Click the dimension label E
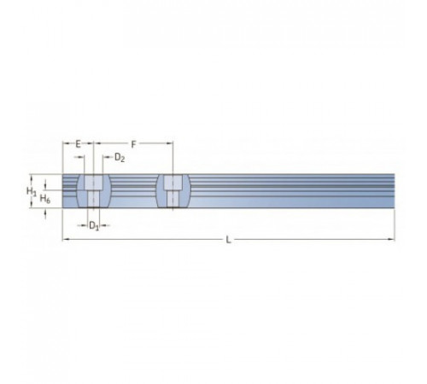tap(78, 144)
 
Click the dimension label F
tap(133, 144)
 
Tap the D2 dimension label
tap(120, 157)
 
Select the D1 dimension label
tap(94, 226)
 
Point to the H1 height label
tap(32, 191)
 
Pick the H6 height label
tap(45, 198)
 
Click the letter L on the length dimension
tap(228, 240)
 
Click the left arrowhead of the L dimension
tap(66, 240)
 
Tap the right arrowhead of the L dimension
tap(391, 240)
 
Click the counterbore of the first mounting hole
tap(93, 182)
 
